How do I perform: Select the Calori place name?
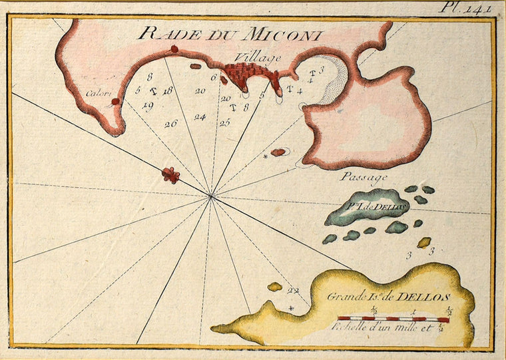[99, 93]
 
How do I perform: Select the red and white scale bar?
[393, 319]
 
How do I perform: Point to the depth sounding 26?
[171, 123]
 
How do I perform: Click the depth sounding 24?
[200, 117]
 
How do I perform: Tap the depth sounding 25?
[225, 122]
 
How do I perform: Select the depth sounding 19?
[148, 105]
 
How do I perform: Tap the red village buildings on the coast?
[247, 74]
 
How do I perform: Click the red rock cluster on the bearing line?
[171, 175]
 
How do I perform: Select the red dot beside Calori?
[115, 102]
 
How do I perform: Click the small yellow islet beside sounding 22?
[274, 287]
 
